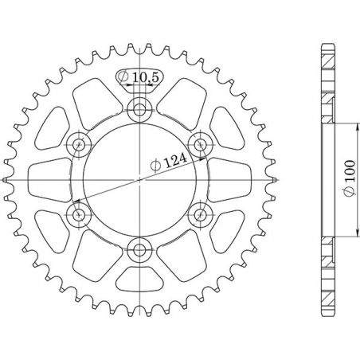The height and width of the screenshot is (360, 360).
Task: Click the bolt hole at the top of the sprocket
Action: point(140,109)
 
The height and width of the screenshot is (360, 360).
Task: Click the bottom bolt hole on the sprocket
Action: point(140,249)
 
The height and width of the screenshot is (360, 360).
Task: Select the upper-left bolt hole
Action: point(80,144)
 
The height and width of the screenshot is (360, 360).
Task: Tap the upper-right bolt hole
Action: point(201,144)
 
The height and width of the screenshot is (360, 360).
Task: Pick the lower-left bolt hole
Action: point(80,214)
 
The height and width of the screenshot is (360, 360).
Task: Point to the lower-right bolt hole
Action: point(201,214)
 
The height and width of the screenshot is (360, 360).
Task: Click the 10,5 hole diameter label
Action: point(148,76)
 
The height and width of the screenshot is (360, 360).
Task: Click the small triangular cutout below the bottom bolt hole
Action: point(140,280)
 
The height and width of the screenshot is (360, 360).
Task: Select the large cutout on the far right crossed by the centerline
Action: point(230,179)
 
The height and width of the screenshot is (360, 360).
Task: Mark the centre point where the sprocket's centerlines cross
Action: point(140,179)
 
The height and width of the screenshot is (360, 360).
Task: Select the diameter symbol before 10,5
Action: point(125,76)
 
